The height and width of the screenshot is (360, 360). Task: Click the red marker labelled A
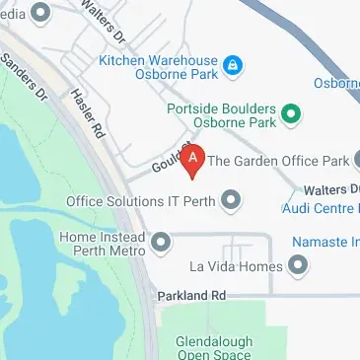coord(194,158)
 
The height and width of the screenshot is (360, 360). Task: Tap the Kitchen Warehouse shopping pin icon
coord(230,67)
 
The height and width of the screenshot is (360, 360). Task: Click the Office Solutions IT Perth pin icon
coord(232,201)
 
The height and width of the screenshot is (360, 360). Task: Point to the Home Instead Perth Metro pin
coord(161,241)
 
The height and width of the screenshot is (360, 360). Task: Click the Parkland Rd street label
coord(192,295)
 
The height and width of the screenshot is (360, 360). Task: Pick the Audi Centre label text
coord(321,208)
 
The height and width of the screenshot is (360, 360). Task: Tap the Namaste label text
coord(325,242)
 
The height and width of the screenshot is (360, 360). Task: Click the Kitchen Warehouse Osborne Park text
coord(159,67)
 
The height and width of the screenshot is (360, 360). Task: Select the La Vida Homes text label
coord(236,266)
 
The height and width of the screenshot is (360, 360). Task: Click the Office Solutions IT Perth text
coord(141,201)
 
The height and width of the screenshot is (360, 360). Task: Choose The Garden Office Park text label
coord(278,160)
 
